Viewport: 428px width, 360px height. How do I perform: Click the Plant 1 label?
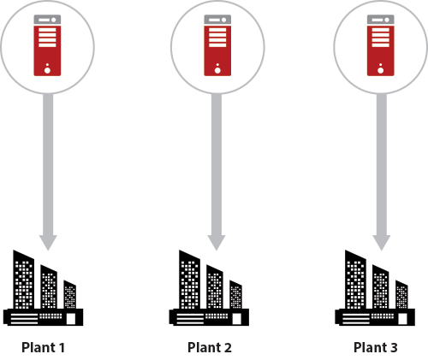(43, 347)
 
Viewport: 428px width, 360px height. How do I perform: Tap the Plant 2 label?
(210, 347)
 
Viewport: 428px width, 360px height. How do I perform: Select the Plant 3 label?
(376, 347)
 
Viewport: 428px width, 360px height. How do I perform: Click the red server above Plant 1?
(47, 45)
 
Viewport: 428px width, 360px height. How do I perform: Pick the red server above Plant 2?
(217, 45)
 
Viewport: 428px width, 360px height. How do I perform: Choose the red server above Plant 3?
(381, 45)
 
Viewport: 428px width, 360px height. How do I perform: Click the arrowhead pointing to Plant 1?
(48, 243)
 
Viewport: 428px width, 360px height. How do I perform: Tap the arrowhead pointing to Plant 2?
(217, 243)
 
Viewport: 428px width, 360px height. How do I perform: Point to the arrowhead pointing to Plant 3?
(382, 243)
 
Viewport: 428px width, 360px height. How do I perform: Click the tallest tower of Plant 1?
(24, 280)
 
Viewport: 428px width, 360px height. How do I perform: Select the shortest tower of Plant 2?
(235, 295)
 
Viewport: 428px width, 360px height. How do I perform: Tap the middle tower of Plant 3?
(380, 287)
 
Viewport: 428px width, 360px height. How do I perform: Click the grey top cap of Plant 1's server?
(47, 20)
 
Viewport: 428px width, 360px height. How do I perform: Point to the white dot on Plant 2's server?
(217, 70)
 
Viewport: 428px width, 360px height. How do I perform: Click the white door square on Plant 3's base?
(402, 319)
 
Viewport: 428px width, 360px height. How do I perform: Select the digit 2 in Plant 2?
(228, 348)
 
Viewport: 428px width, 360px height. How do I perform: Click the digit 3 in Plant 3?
(394, 348)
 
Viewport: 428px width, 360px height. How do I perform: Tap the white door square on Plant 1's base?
(71, 319)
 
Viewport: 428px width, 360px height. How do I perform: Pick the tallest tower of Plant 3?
(355, 280)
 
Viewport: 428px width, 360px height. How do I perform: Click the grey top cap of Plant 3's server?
(381, 20)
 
